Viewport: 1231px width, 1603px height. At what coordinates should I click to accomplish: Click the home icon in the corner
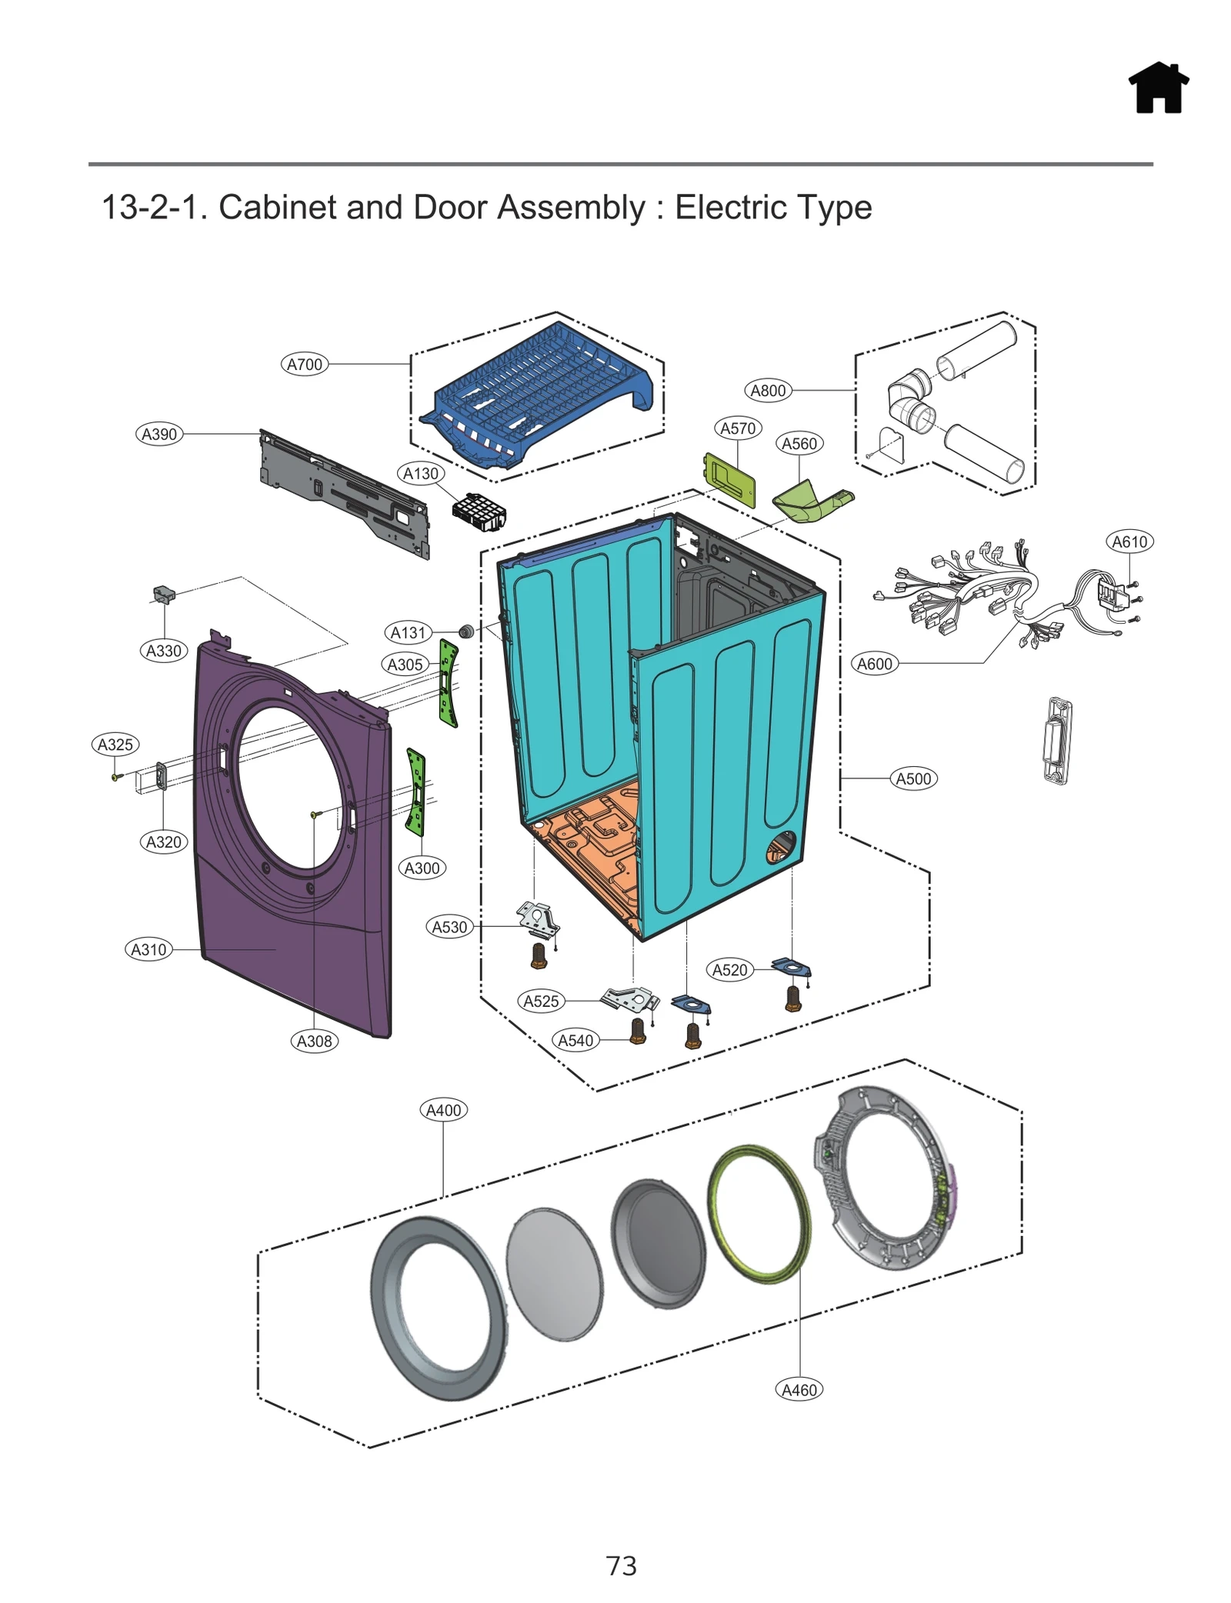[1158, 88]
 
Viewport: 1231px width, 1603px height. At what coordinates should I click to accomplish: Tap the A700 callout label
[304, 364]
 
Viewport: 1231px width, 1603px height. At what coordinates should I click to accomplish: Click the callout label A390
[159, 434]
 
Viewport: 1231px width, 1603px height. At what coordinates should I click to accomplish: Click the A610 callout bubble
[1129, 542]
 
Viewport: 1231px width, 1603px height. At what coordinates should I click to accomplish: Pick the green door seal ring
[759, 1215]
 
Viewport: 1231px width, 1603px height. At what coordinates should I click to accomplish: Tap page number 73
[621, 1565]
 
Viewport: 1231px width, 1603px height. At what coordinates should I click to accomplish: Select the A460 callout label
[799, 1390]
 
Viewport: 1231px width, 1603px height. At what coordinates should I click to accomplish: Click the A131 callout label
[408, 632]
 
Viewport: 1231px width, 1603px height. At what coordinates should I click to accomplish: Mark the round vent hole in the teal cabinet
[780, 847]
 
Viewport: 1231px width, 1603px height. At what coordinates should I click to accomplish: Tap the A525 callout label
[541, 1001]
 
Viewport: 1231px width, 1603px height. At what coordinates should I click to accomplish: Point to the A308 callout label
[314, 1041]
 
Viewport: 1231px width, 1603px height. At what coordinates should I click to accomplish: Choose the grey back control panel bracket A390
[344, 493]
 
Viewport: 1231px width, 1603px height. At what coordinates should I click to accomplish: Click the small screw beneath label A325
[115, 777]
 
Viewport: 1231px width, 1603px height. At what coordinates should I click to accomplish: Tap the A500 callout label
[913, 778]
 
